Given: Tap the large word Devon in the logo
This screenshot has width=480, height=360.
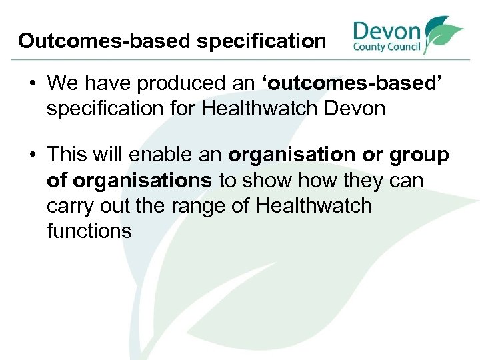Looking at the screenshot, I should [387, 31].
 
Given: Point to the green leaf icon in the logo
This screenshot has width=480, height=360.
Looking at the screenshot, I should [443, 33].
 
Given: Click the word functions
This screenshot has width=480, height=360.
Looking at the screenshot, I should [89, 230].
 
